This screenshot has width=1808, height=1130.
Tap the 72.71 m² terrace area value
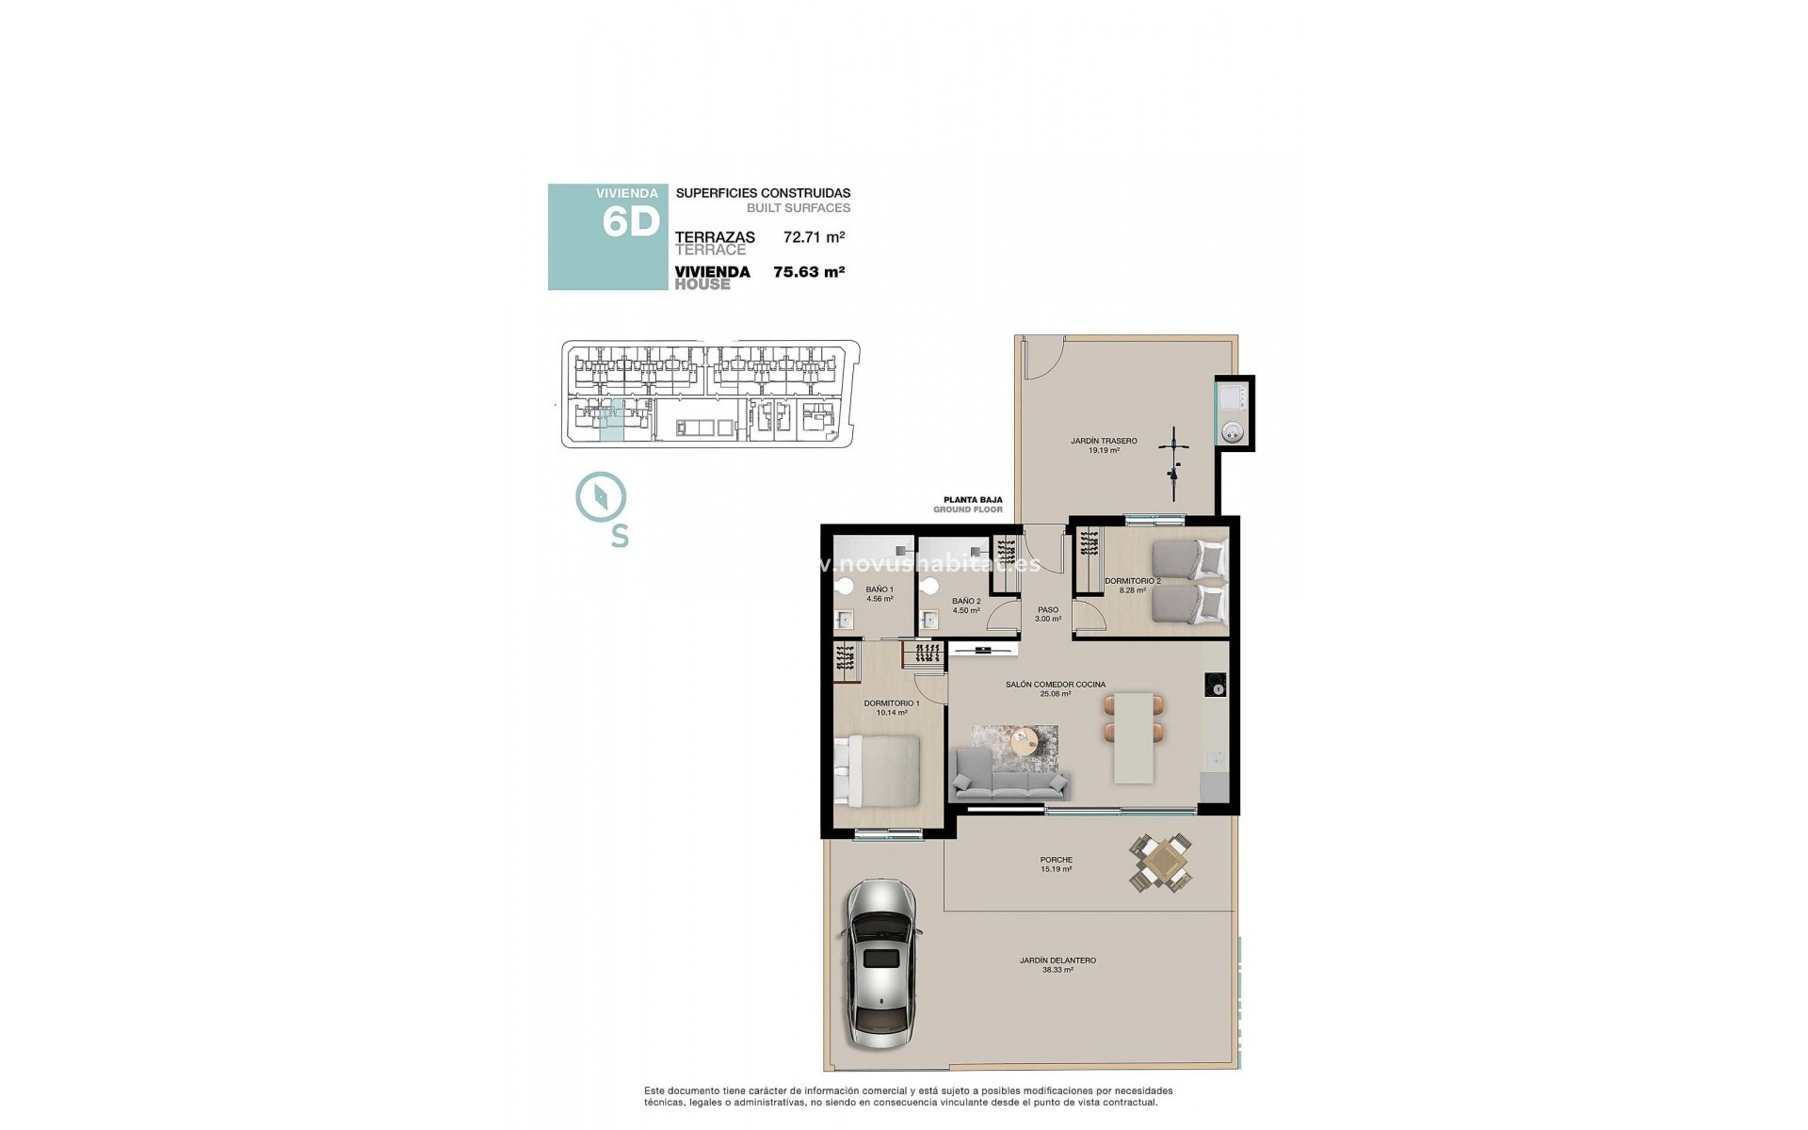[x=814, y=237]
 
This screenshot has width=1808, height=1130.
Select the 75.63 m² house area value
[x=808, y=272]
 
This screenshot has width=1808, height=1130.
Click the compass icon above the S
[x=601, y=498]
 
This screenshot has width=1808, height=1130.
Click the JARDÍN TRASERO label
[x=1104, y=441]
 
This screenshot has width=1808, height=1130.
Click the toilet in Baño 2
[x=931, y=586]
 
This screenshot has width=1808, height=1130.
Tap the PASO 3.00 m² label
[x=1048, y=614]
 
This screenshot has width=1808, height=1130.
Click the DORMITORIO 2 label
[x=1132, y=581]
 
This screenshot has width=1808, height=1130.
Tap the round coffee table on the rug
[x=1024, y=740]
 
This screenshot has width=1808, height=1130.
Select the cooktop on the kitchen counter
[x=1216, y=684]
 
